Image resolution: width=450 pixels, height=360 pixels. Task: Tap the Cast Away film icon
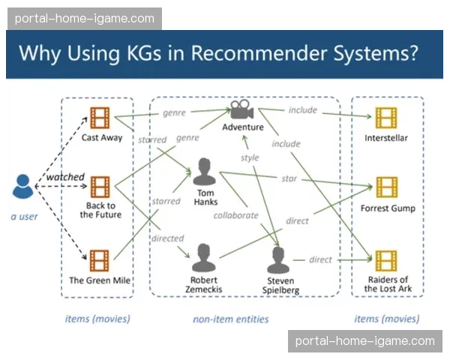pos(100,118)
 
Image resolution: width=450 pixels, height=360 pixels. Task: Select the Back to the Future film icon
pos(100,187)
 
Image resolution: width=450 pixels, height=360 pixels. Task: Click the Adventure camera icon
pos(241,109)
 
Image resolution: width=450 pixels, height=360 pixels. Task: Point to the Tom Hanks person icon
pos(205,171)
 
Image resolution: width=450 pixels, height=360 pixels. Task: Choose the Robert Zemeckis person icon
pos(204,258)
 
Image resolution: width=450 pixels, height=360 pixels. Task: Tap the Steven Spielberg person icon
pos(280,259)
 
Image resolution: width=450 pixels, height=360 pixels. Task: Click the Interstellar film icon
pos(385,118)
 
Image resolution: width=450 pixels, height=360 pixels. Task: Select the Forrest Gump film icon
pos(386,187)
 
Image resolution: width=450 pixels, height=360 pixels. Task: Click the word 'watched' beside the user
pos(65,177)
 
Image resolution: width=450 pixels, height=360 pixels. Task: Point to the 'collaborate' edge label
pos(235,215)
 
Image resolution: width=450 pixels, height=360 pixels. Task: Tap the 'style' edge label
pos(249,158)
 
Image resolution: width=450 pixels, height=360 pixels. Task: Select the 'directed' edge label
pos(167,238)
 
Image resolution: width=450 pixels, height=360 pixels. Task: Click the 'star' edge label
pos(289,178)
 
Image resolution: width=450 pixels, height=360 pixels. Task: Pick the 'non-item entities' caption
pos(231,319)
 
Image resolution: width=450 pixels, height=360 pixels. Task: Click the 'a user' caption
pos(24,217)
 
